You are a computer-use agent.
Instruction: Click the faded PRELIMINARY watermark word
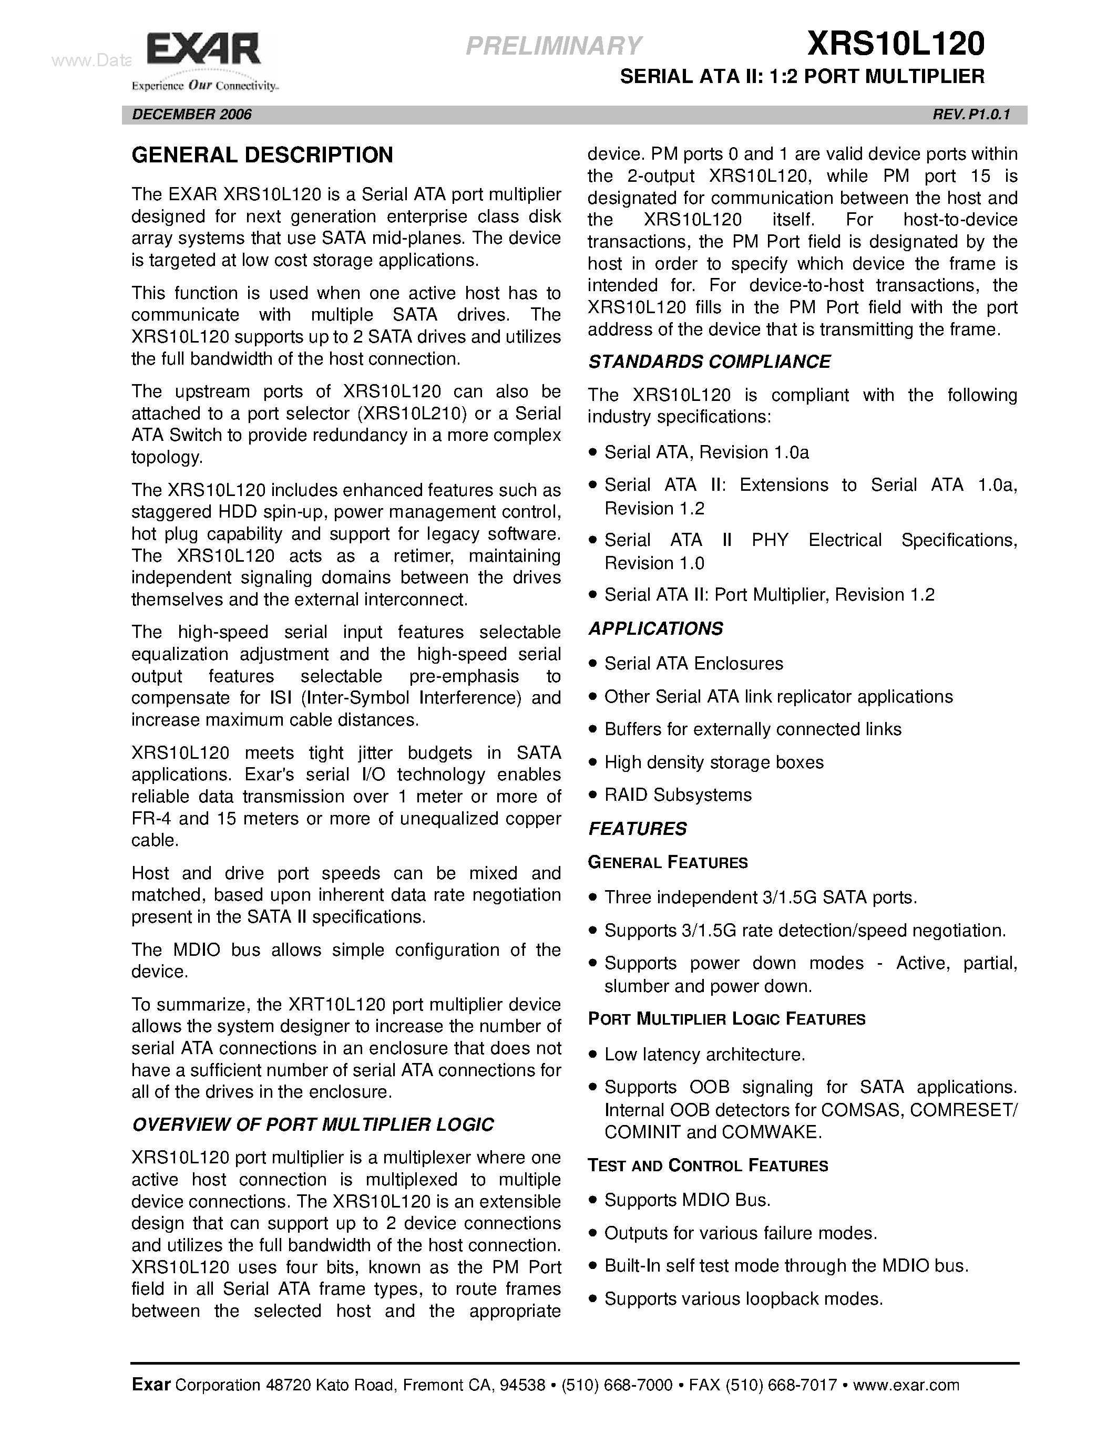point(553,46)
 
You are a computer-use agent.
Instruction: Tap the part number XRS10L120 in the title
point(895,44)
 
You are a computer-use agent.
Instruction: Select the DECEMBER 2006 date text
point(192,115)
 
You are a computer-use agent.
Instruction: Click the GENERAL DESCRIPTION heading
point(262,156)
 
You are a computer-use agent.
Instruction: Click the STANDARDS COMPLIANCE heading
point(709,362)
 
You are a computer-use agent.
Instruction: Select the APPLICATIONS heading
point(655,628)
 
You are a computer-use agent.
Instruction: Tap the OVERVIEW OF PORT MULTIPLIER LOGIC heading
point(312,1125)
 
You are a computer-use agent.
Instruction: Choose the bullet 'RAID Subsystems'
point(678,794)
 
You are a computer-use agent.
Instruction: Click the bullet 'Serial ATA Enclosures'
point(693,664)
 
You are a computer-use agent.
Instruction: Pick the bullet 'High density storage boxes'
point(713,762)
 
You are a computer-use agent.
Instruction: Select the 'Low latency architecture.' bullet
point(704,1055)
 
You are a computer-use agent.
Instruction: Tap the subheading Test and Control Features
point(708,1166)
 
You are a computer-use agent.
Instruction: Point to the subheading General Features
point(668,863)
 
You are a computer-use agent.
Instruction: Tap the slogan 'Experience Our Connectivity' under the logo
point(204,85)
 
